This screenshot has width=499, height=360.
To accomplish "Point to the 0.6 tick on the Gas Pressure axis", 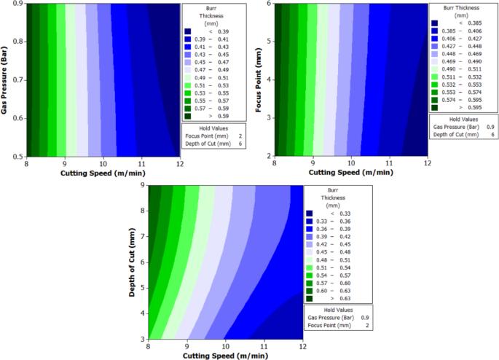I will pyautogui.click(x=17, y=117).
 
